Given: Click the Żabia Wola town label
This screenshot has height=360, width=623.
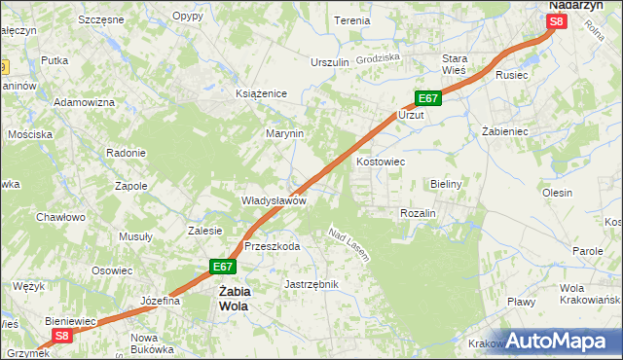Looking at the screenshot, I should [x=233, y=298].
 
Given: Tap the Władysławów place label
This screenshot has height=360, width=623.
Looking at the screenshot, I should [x=275, y=200].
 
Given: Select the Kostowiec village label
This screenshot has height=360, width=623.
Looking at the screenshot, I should [x=381, y=162].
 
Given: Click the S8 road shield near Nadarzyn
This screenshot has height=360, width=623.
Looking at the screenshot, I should [x=556, y=21].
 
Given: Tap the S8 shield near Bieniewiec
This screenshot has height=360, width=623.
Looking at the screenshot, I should [x=62, y=336].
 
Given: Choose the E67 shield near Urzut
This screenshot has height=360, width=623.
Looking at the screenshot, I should [x=429, y=98].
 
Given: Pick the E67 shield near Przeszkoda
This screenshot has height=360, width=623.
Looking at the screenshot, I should [x=223, y=266].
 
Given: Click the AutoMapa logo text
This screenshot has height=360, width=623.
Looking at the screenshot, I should [x=560, y=342].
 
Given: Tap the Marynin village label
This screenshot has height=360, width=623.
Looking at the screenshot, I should [x=285, y=133].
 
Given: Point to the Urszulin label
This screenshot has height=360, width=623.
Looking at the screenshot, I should [x=329, y=62].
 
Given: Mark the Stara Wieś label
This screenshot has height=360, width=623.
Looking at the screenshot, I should [x=455, y=64].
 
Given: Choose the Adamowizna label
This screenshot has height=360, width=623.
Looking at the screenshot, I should [x=85, y=102].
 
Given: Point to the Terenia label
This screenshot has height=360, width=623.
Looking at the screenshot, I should [x=351, y=20].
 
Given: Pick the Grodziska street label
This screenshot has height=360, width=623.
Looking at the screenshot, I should [x=379, y=57].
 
